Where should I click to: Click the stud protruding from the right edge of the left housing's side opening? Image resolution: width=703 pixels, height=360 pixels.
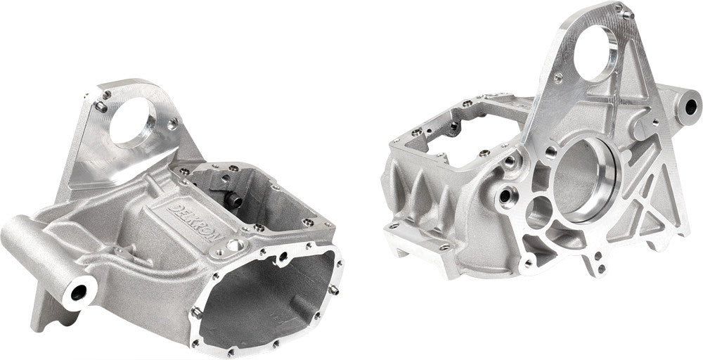click(x=334, y=290)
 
